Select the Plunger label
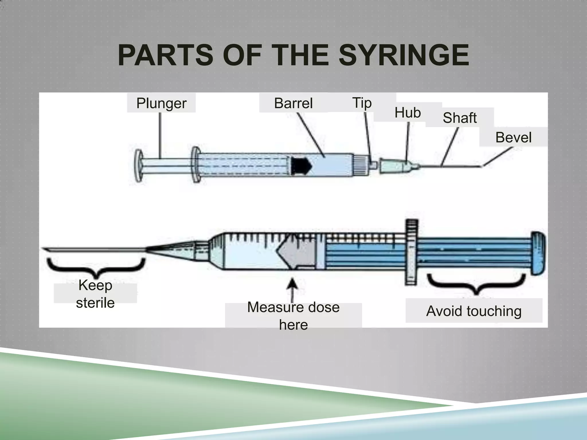(x=161, y=103)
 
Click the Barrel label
(x=293, y=103)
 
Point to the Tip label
(x=362, y=103)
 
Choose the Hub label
(x=408, y=113)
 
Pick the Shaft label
(x=459, y=118)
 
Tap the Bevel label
(x=513, y=137)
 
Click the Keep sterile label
(x=95, y=294)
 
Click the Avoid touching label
(x=474, y=311)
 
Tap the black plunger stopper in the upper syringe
(x=301, y=165)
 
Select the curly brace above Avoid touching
(x=476, y=284)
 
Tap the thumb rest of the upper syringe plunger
(x=139, y=166)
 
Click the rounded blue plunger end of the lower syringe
(x=538, y=253)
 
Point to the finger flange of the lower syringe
(x=411, y=252)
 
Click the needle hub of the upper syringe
(x=398, y=166)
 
